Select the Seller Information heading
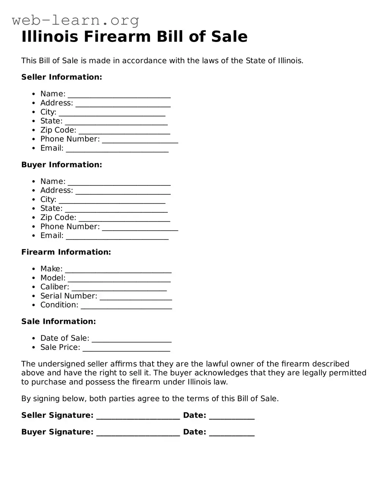click(x=62, y=77)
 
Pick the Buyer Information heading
click(x=62, y=165)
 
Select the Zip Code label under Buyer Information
click(x=58, y=218)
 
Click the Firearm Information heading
click(x=66, y=252)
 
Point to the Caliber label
click(x=55, y=287)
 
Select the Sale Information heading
click(x=58, y=322)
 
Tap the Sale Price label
click(x=60, y=347)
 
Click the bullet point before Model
click(x=34, y=278)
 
